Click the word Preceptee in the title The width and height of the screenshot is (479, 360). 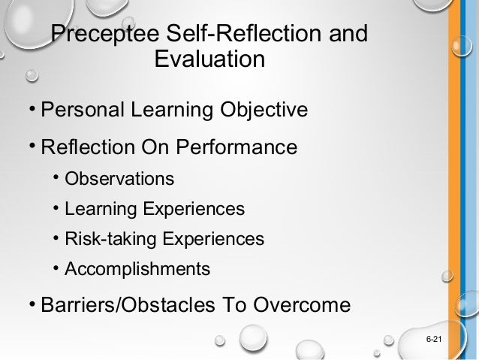[x=112, y=35]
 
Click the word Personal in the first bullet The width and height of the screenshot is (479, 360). [x=81, y=111]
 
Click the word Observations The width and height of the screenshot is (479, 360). [x=119, y=180]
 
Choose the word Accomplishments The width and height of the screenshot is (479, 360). [x=137, y=268]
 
